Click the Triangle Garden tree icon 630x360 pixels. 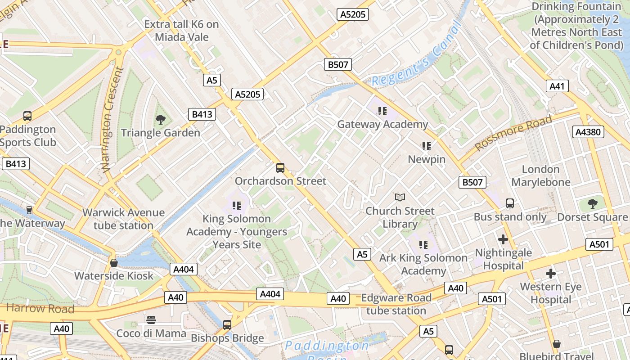click(160, 119)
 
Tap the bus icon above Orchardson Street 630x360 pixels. click(280, 168)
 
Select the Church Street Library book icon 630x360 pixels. click(400, 197)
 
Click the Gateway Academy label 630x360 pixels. click(382, 124)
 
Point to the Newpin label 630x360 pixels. click(426, 159)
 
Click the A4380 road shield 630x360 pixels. click(588, 132)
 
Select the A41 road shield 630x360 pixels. click(557, 86)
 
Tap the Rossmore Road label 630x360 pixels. click(513, 133)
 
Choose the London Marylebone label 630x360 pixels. click(540, 175)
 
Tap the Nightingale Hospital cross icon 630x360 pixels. click(503, 239)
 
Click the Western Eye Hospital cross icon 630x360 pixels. click(550, 273)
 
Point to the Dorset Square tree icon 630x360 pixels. click(593, 203)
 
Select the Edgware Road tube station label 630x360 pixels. click(396, 304)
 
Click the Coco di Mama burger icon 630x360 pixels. click(151, 320)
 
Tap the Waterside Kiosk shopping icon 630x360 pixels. click(114, 262)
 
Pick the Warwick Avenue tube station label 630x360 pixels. click(123, 219)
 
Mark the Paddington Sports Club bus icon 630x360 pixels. click(27, 116)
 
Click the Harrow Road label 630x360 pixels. click(40, 309)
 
